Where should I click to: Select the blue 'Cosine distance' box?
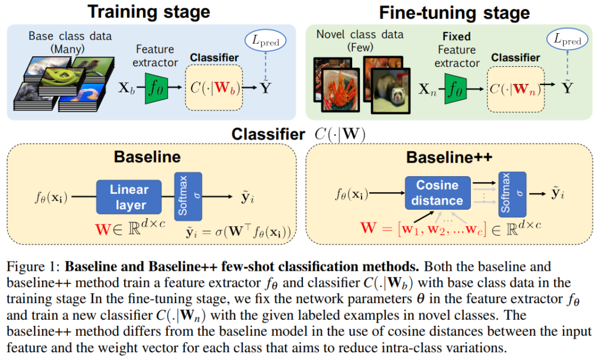[437, 193]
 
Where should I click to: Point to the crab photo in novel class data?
[336, 87]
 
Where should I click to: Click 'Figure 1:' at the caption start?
[35, 267]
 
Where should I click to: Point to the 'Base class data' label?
[70, 35]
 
